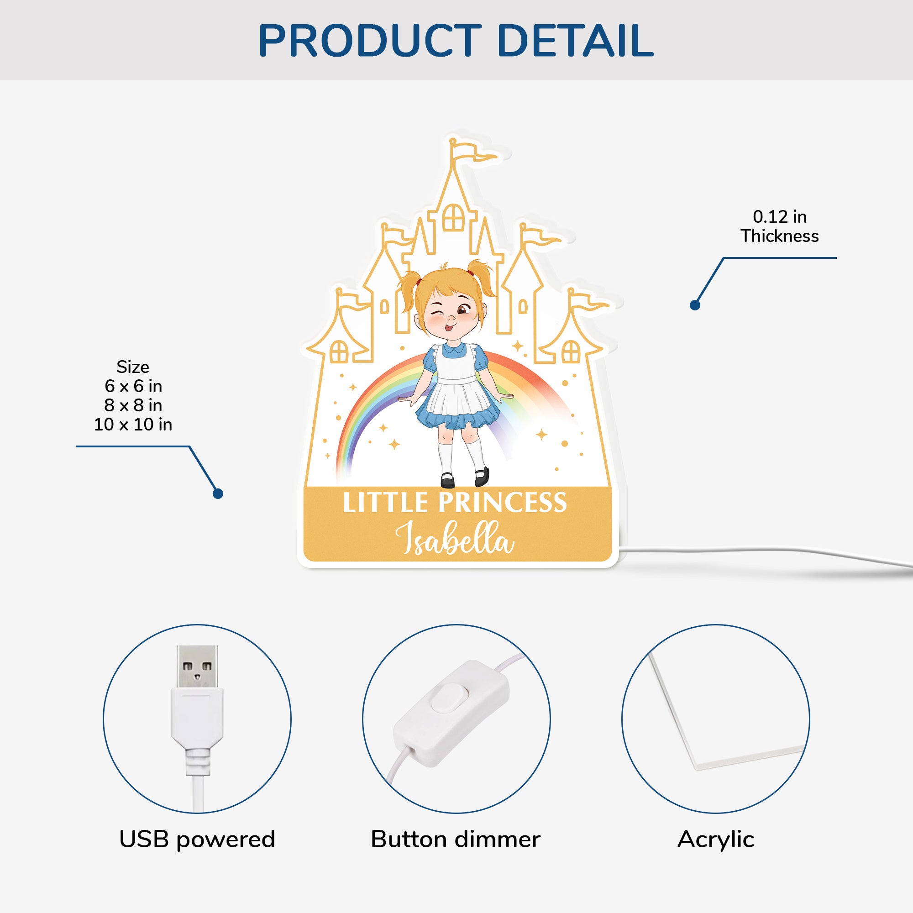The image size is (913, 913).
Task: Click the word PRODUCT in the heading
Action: coord(370,41)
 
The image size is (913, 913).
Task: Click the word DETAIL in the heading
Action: coord(576,41)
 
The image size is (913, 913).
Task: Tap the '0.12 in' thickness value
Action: coord(780,217)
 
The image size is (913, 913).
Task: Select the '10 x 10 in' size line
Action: coord(133,425)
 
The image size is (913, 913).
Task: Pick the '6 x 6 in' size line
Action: coord(133,386)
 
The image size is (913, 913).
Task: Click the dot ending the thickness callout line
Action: coord(695,305)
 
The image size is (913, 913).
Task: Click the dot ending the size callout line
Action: coord(218,494)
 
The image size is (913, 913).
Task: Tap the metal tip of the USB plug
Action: coord(198,667)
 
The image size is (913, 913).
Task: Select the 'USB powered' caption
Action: coord(197,840)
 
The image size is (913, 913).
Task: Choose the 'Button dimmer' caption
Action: coord(456,840)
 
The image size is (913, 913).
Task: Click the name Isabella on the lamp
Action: coord(455,538)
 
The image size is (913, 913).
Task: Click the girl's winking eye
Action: coord(436,315)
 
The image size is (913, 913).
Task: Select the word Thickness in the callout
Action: coord(780,236)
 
